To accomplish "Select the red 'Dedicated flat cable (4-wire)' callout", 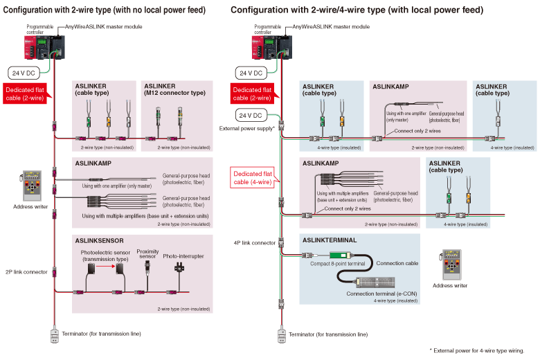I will pyautogui.click(x=252, y=178).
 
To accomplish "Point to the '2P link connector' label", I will pyautogui.click(x=27, y=272).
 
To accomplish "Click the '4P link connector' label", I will pyautogui.click(x=255, y=243).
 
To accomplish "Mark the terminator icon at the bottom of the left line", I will pyautogui.click(x=54, y=336).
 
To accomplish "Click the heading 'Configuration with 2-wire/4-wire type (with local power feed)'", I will pyautogui.click(x=357, y=10).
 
